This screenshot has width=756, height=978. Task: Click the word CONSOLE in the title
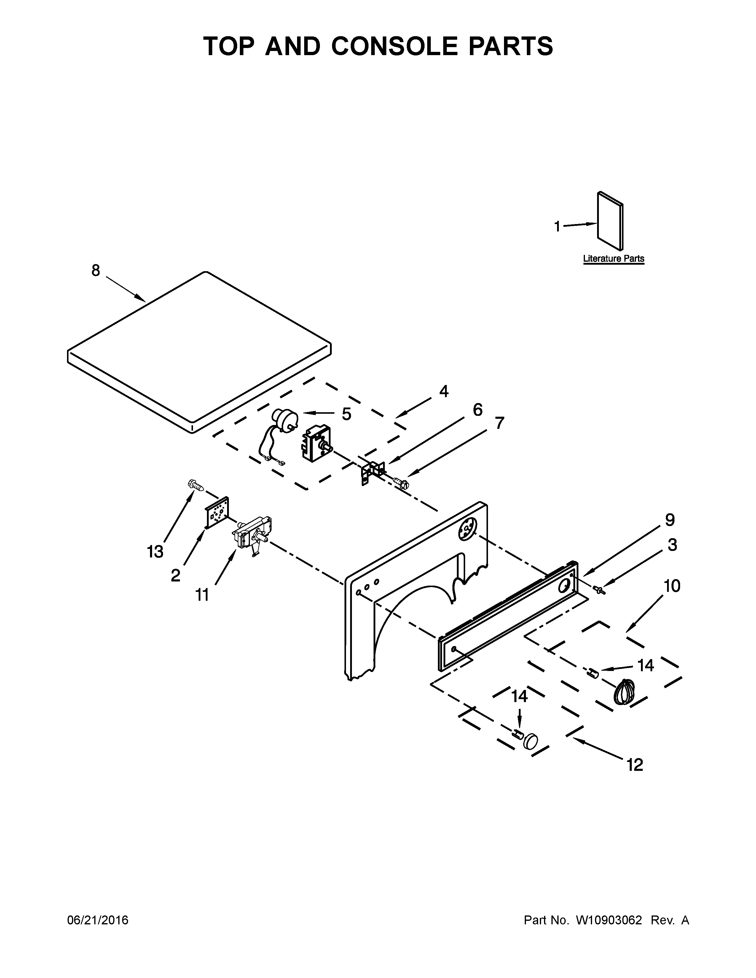[x=394, y=46]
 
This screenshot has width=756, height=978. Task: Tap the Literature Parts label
[x=613, y=258]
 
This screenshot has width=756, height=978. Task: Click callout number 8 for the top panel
[x=96, y=271]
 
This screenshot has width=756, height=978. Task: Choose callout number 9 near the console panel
[x=669, y=520]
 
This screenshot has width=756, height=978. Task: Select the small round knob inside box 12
[x=530, y=741]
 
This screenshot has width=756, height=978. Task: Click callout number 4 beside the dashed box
[x=444, y=391]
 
